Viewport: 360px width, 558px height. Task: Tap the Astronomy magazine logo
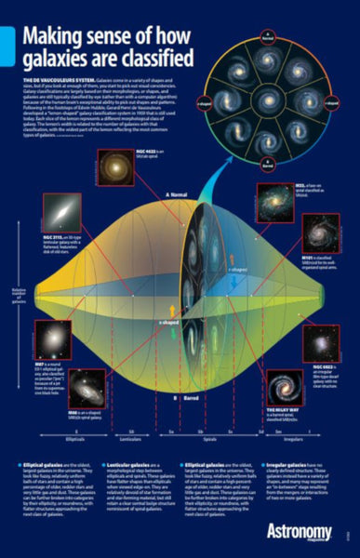pyautogui.click(x=306, y=532)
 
